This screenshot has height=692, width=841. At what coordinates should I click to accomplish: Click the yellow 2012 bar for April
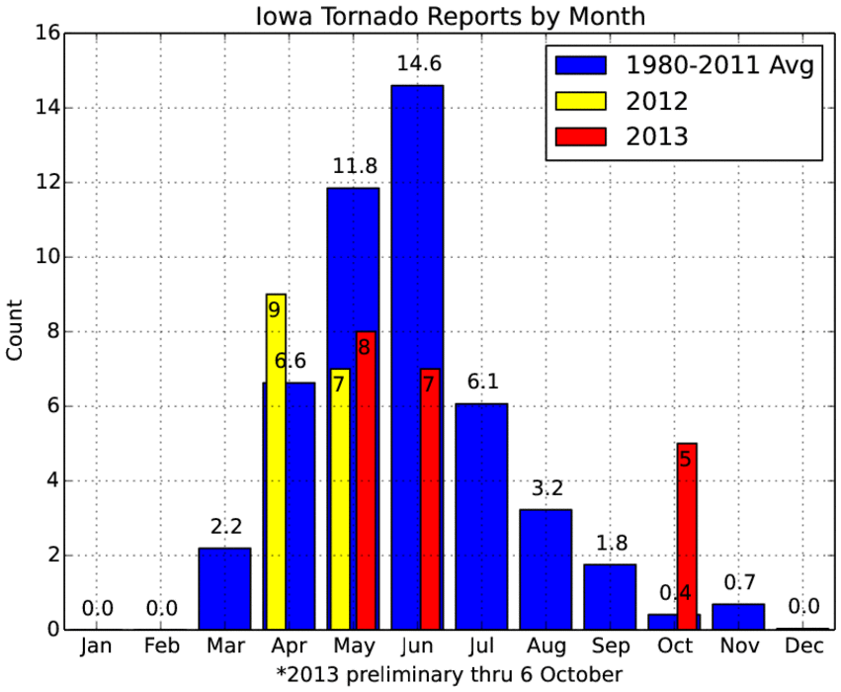pyautogui.click(x=276, y=462)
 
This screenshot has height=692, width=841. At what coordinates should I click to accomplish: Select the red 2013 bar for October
pyautogui.click(x=687, y=536)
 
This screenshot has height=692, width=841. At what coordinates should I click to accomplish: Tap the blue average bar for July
pyautogui.click(x=481, y=516)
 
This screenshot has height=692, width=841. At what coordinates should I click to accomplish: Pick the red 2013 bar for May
pyautogui.click(x=366, y=480)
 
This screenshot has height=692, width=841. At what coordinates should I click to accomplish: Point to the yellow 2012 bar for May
pyautogui.click(x=340, y=499)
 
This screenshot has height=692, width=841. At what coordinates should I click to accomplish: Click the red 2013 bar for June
pyautogui.click(x=430, y=499)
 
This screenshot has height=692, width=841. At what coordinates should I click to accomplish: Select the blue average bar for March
pyautogui.click(x=224, y=588)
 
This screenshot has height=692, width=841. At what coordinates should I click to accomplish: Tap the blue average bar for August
pyautogui.click(x=546, y=569)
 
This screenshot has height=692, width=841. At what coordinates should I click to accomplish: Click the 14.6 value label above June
pyautogui.click(x=419, y=64)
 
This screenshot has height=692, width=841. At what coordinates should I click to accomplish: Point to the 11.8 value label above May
pyautogui.click(x=355, y=166)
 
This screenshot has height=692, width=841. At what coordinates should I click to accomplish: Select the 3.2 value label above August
pyautogui.click(x=547, y=488)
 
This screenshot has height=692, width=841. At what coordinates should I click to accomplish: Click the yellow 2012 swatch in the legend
pyautogui.click(x=581, y=101)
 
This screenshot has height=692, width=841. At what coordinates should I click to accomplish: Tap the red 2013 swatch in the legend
pyautogui.click(x=581, y=136)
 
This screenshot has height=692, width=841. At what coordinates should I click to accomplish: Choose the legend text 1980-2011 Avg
pyautogui.click(x=719, y=65)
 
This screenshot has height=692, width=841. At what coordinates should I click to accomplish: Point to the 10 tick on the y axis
pyautogui.click(x=47, y=257)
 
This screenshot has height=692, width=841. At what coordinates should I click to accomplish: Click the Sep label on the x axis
pyautogui.click(x=611, y=646)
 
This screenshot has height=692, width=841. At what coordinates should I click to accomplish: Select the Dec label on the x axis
pyautogui.click(x=803, y=646)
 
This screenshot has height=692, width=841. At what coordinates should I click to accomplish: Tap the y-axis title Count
pyautogui.click(x=15, y=330)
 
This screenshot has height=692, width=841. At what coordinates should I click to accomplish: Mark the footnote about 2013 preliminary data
pyautogui.click(x=450, y=674)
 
